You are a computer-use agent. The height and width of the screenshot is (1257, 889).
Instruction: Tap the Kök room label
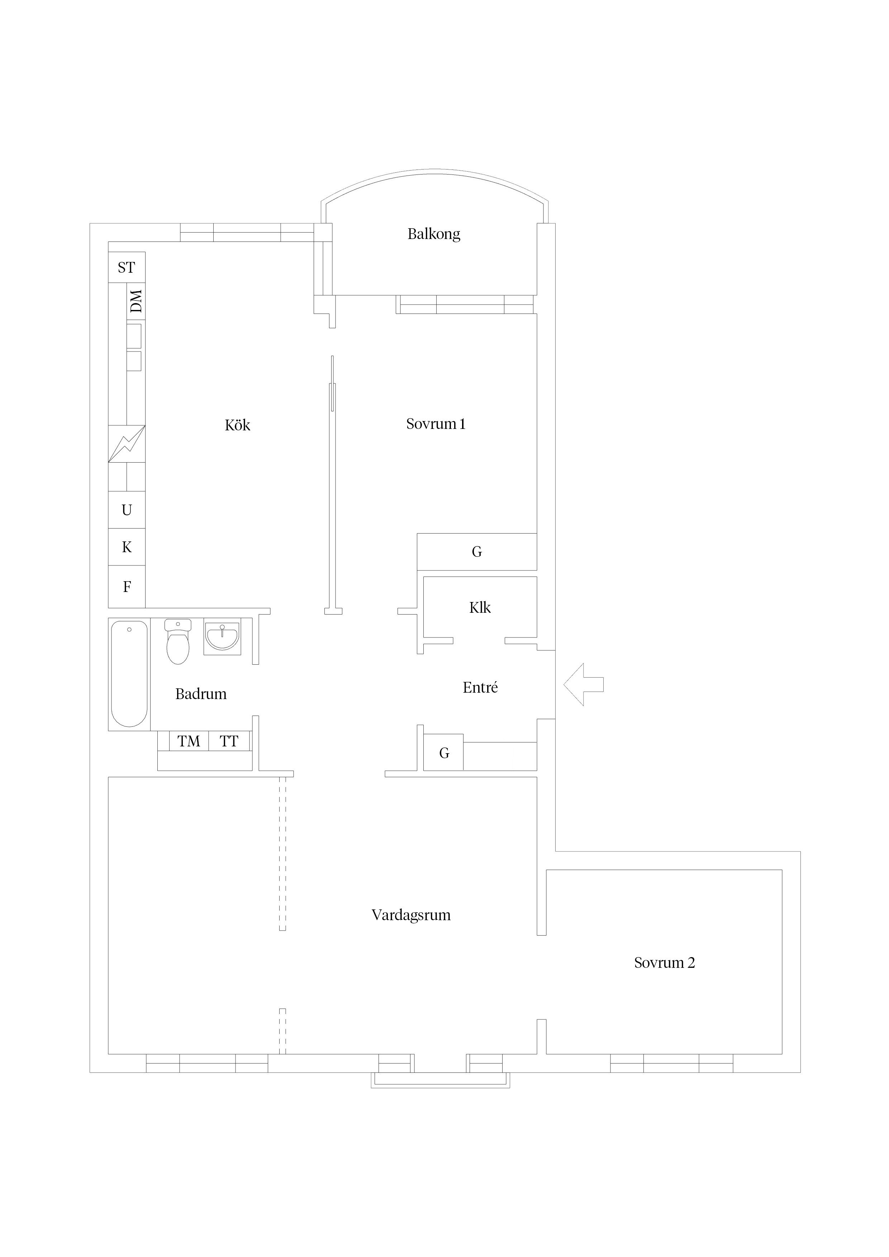click(x=237, y=425)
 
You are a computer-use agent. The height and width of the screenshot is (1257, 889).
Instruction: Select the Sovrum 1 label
click(x=436, y=424)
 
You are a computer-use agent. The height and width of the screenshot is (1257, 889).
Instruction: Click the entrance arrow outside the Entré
click(x=583, y=684)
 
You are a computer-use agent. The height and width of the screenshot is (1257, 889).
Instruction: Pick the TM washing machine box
click(x=189, y=741)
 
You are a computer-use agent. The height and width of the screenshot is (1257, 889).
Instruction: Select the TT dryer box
click(x=229, y=741)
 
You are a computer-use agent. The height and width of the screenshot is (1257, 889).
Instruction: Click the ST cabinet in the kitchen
click(x=127, y=267)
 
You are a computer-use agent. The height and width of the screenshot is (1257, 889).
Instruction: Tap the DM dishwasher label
click(x=136, y=301)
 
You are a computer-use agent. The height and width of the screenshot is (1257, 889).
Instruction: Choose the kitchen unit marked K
click(x=127, y=547)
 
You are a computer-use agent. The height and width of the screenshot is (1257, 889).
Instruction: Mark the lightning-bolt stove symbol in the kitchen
click(x=127, y=444)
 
